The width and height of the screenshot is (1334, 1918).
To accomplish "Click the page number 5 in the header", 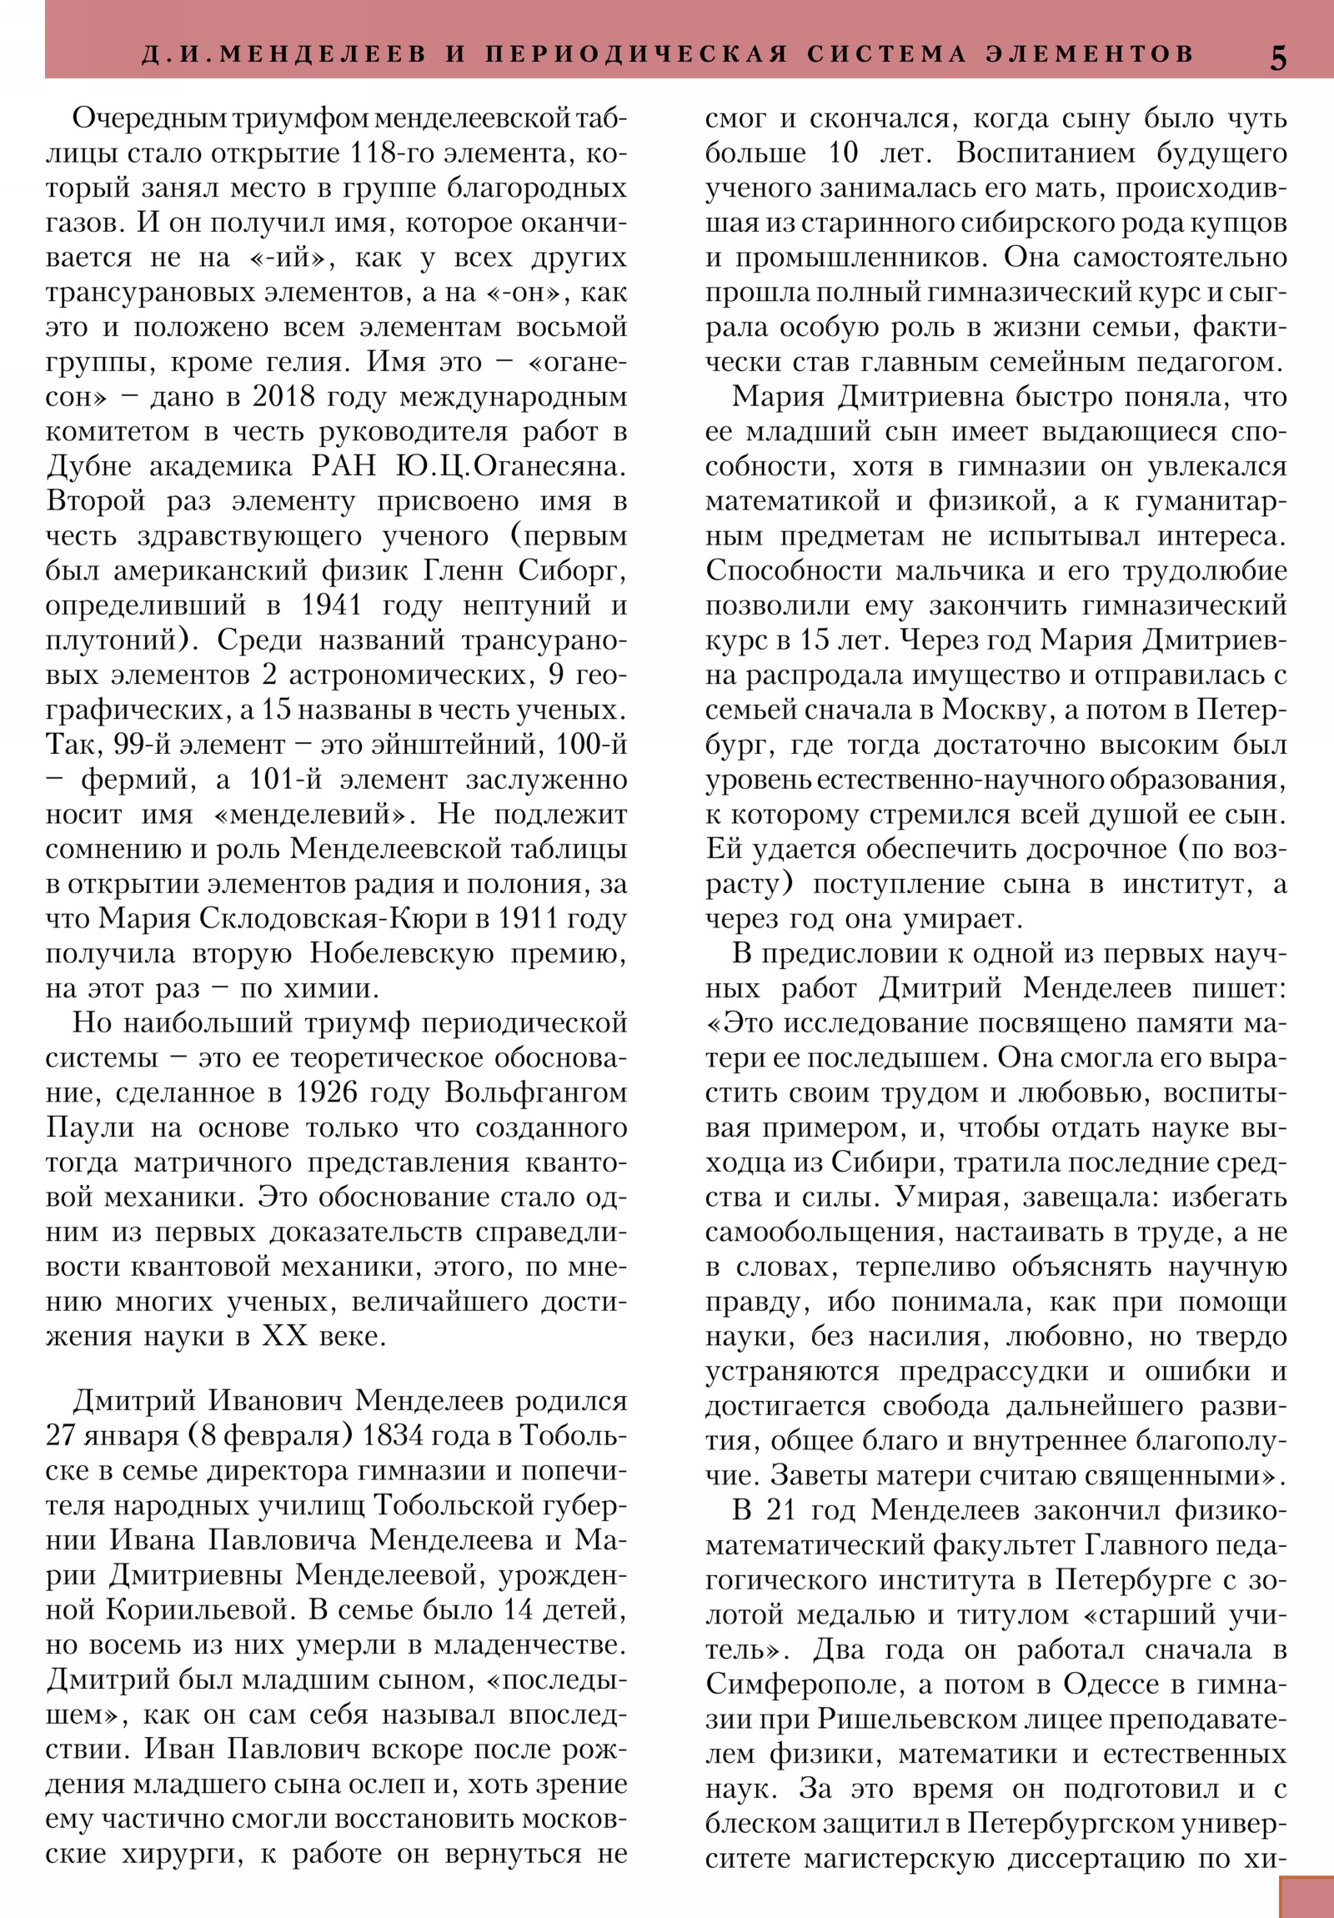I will [x=1278, y=58].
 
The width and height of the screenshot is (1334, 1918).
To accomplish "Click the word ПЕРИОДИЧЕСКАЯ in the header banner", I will [x=637, y=54].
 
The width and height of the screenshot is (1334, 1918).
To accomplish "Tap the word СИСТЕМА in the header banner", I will [x=888, y=54].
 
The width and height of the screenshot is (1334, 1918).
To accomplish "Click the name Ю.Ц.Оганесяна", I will [x=510, y=466].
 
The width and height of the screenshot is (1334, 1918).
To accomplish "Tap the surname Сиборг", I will [x=572, y=570].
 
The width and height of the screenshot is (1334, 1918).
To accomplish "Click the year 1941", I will [x=332, y=605].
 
